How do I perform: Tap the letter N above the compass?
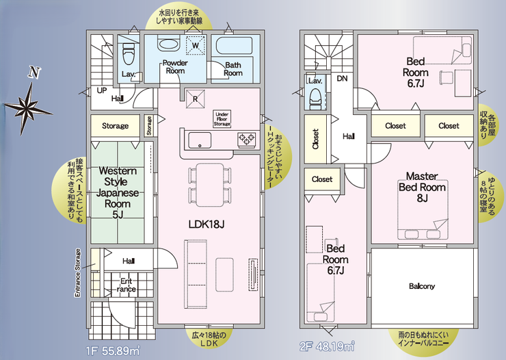(x=34, y=73)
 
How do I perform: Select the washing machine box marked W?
(x=196, y=45)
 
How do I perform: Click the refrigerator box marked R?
(x=196, y=99)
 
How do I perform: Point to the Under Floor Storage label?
(x=222, y=119)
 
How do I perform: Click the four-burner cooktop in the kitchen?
(x=247, y=139)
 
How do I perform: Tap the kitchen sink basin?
(x=200, y=140)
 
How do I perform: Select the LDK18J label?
(x=207, y=224)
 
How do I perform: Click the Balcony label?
(x=422, y=286)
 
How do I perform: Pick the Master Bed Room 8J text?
(x=422, y=187)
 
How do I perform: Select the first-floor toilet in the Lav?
(x=129, y=55)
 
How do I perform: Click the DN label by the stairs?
(x=342, y=79)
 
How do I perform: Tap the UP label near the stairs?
(x=102, y=90)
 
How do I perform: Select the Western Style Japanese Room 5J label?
(x=118, y=193)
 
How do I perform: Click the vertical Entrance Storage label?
(x=77, y=273)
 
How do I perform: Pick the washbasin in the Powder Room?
(x=168, y=44)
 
